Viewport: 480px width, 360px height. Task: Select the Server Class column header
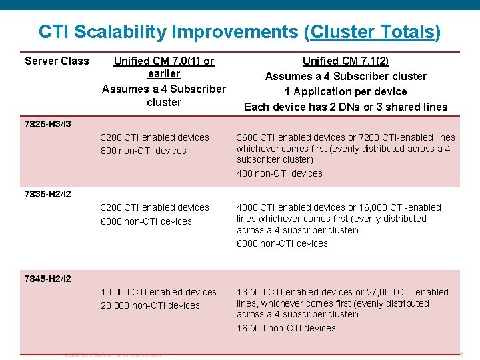(x=57, y=61)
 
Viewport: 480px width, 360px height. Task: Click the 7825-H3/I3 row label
(x=47, y=124)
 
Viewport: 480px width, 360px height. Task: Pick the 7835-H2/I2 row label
(x=47, y=195)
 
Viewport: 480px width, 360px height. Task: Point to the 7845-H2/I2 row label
(x=47, y=279)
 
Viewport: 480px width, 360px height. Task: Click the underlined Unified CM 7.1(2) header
(x=345, y=61)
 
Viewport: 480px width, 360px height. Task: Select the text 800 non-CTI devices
(x=143, y=151)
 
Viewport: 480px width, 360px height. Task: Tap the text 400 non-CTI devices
(x=279, y=173)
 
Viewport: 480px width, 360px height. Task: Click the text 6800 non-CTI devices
(x=146, y=221)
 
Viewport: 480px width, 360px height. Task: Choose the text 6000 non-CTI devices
(x=282, y=243)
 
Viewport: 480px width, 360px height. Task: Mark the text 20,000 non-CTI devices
(x=150, y=305)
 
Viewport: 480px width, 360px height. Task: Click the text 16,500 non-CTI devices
(x=286, y=328)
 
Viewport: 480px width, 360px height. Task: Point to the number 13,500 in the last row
(x=251, y=292)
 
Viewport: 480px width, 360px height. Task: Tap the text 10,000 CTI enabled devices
(x=159, y=292)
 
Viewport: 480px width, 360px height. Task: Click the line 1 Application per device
(x=345, y=91)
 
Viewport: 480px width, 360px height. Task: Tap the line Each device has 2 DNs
(x=345, y=107)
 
